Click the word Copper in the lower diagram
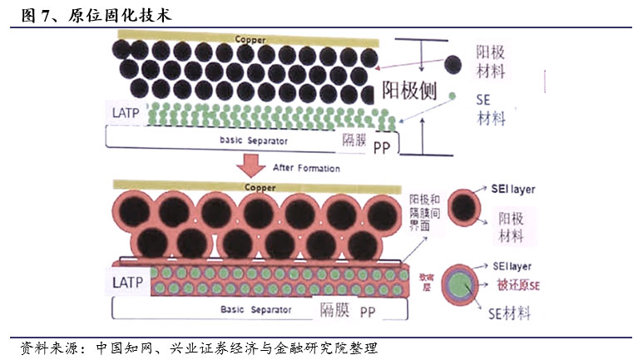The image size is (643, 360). tap(260, 188)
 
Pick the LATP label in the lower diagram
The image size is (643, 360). tap(128, 282)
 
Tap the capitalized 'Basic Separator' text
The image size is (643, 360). tap(256, 309)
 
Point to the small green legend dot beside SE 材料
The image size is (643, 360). tap(452, 97)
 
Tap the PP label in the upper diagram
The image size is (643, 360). tap(381, 148)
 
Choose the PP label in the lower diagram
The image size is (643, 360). tap(367, 311)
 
